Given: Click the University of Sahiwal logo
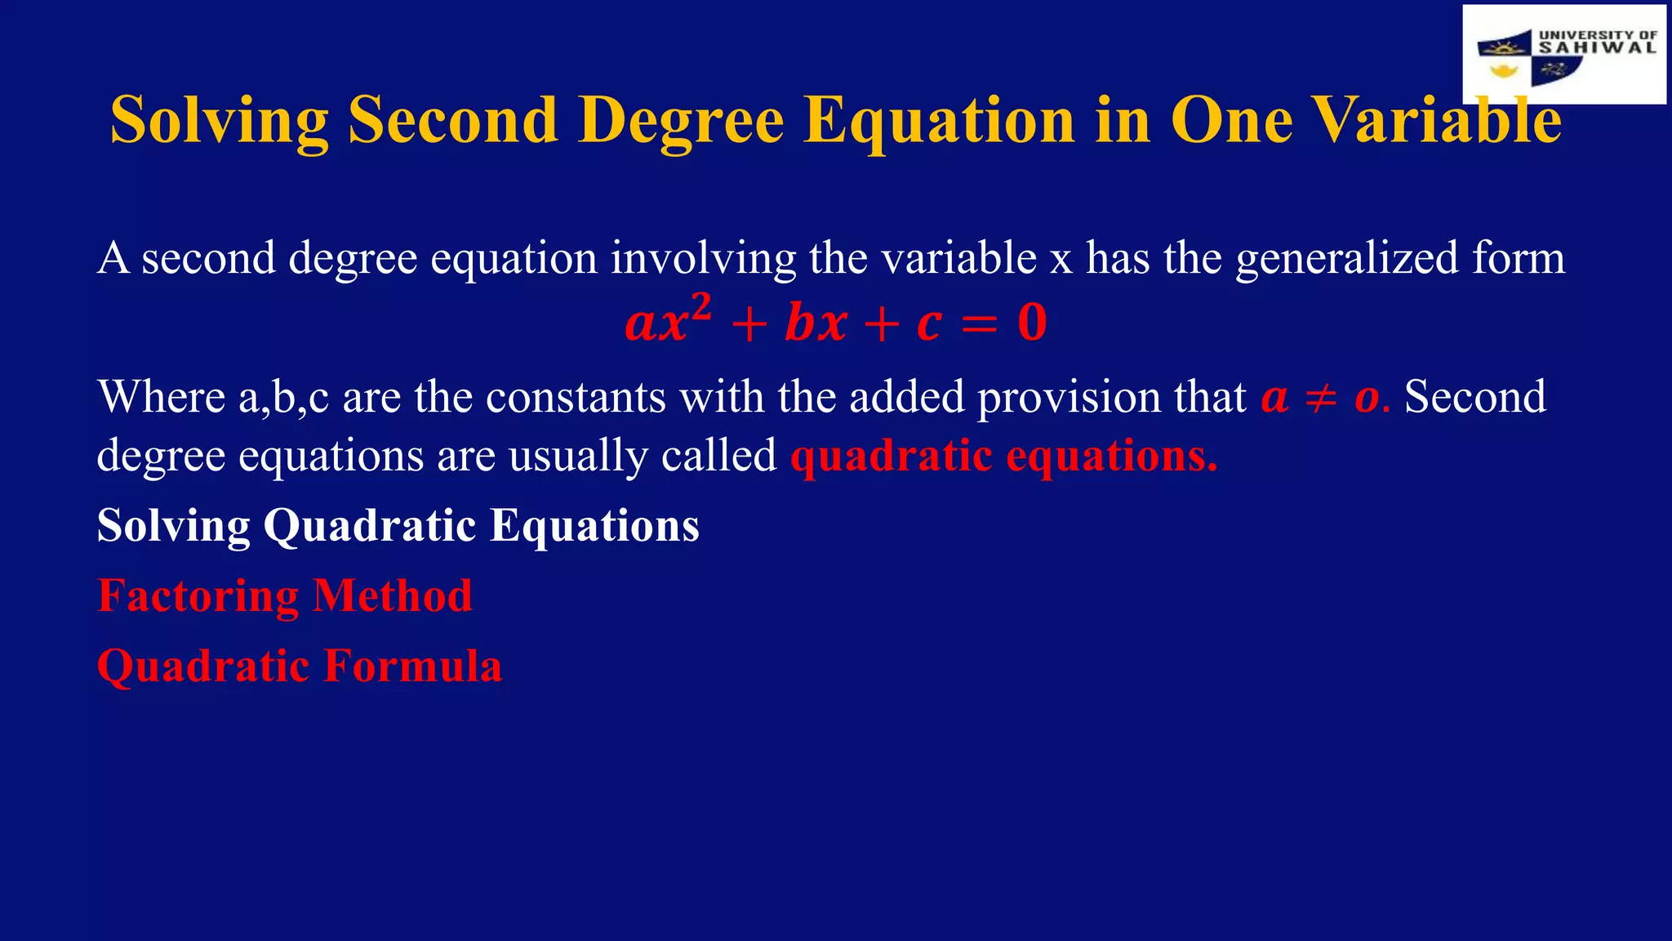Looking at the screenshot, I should point(1564,54).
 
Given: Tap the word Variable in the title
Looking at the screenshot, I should point(1437,120).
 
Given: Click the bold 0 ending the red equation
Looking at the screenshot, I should point(1032,323).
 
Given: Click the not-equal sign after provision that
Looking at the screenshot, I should point(1320,398).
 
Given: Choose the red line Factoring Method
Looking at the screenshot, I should point(284,595).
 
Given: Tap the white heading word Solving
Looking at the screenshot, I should point(173,525).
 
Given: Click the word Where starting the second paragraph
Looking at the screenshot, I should point(161,397).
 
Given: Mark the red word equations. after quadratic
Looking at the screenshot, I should point(1112,456).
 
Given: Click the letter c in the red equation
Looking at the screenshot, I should point(929,324).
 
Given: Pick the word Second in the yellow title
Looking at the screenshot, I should point(453,120).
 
